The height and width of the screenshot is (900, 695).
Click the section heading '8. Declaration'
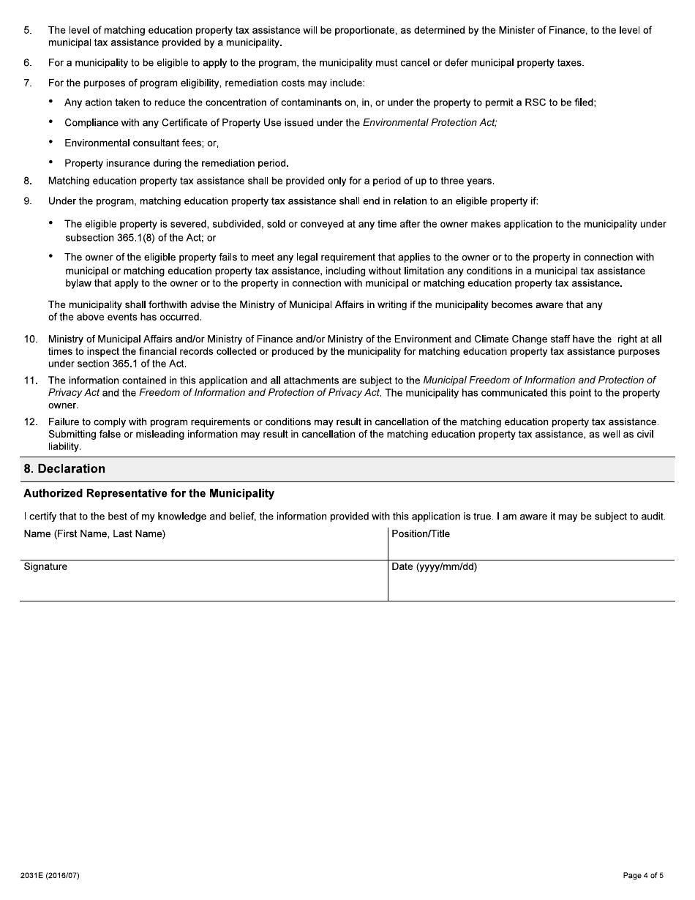(x=64, y=469)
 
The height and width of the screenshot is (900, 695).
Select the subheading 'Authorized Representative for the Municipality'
(x=149, y=494)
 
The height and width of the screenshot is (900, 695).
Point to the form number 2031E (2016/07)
(x=51, y=876)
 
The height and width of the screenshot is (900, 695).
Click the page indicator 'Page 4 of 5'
(x=643, y=876)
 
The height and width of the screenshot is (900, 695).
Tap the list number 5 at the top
(x=28, y=31)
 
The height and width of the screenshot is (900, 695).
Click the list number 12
(x=31, y=422)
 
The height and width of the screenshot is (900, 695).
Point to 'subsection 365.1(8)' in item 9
(x=110, y=239)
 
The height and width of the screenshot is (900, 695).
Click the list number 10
(x=31, y=340)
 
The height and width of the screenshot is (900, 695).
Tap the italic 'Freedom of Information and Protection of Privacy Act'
(x=259, y=394)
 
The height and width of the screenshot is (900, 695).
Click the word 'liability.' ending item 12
(x=64, y=447)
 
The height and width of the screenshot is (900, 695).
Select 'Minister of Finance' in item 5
(x=513, y=31)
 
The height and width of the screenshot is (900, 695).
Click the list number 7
(x=28, y=83)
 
